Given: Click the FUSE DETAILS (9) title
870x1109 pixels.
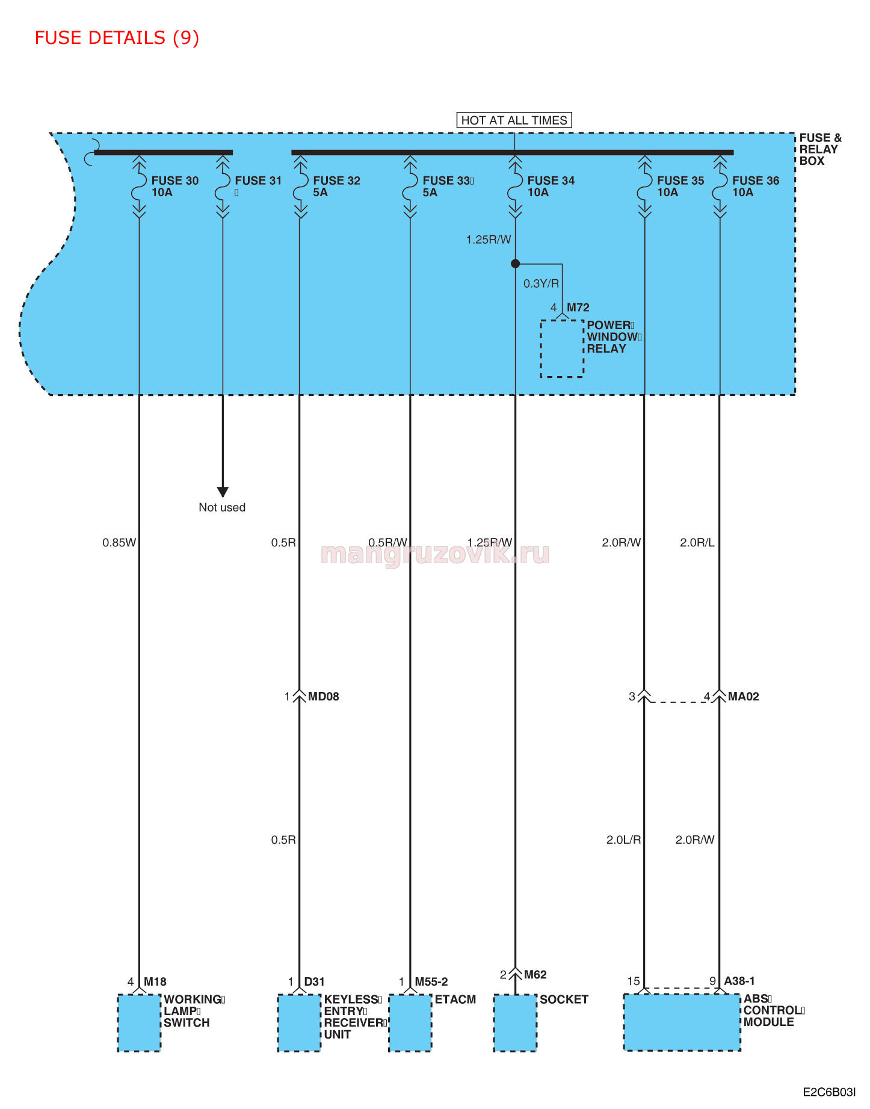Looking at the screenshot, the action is point(117,38).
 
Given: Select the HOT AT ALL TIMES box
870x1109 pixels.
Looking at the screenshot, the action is point(514,120).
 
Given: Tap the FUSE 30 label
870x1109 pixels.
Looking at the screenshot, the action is point(174,181).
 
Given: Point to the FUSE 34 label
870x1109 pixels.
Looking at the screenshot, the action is point(551,181).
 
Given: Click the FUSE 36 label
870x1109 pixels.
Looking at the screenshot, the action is point(755,181).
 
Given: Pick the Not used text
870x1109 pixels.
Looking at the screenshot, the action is point(222,507).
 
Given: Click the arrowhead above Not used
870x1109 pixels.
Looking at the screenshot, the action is point(223,492).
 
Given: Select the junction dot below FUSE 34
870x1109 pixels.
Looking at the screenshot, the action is point(515,264).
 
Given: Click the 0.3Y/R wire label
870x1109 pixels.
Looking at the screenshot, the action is point(541,283).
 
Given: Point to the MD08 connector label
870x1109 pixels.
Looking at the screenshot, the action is point(323,697).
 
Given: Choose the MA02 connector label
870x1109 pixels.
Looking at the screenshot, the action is point(743,697).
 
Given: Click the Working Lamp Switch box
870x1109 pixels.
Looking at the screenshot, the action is point(139,1023).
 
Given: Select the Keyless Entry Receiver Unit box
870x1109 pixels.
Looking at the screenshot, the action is point(299,1023).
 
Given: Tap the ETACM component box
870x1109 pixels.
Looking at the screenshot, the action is point(410,1023).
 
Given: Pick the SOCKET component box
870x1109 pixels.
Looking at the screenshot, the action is point(515,1023).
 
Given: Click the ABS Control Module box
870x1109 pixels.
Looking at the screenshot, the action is point(682,1022).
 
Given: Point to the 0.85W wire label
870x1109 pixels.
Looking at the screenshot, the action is point(119,543).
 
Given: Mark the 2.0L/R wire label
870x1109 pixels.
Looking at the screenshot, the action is point(623,840).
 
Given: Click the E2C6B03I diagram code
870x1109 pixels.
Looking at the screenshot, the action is point(829,1092).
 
